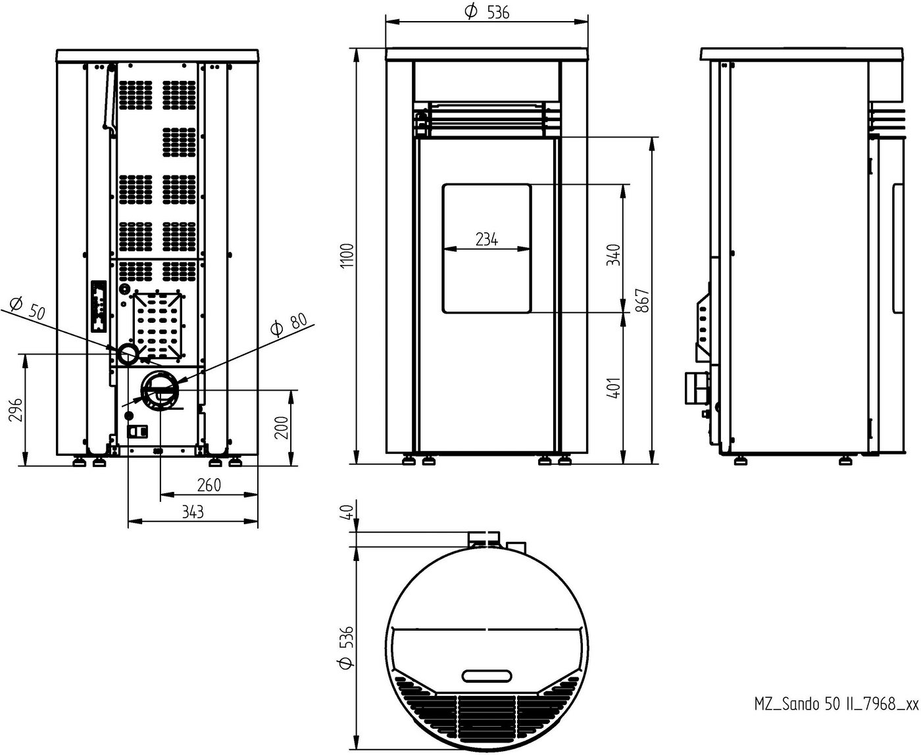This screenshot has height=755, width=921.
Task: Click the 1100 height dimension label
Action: pyautogui.click(x=347, y=256)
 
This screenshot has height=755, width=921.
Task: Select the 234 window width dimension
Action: pyautogui.click(x=486, y=239)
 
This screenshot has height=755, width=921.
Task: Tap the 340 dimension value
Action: pyautogui.click(x=614, y=255)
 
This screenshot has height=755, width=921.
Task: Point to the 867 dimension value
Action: pyautogui.click(x=642, y=301)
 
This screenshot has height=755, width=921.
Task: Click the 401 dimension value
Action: pyautogui.click(x=614, y=388)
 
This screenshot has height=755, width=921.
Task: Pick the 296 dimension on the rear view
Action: pyautogui.click(x=16, y=410)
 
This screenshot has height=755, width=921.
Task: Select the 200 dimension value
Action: pyautogui.click(x=282, y=427)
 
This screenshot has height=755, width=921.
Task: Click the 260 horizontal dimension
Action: pyautogui.click(x=209, y=485)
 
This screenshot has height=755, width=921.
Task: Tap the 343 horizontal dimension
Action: pyautogui.click(x=193, y=512)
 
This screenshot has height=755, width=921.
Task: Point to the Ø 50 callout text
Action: pyautogui.click(x=28, y=308)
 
